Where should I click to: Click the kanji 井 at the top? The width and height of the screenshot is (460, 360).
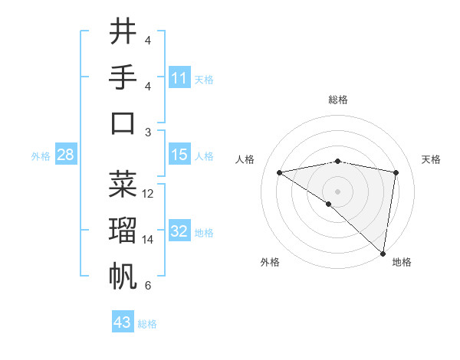pyautogui.click(x=123, y=33)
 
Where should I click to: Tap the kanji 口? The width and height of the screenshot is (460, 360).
pyautogui.click(x=123, y=123)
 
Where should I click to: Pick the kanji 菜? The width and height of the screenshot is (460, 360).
pyautogui.click(x=123, y=184)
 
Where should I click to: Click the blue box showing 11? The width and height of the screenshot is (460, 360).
pyautogui.click(x=179, y=78)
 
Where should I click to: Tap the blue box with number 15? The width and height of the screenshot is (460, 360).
pyautogui.click(x=179, y=155)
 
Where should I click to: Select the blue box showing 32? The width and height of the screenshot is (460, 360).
pyautogui.click(x=179, y=231)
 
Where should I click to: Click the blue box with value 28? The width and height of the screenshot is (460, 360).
pyautogui.click(x=65, y=155)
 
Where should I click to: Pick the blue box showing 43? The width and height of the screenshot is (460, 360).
pyautogui.click(x=123, y=322)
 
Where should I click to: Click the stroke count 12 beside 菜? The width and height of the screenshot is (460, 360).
pyautogui.click(x=148, y=194)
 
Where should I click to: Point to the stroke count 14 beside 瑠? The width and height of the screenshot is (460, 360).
pyautogui.click(x=148, y=240)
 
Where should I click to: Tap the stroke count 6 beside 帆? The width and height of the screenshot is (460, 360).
pyautogui.click(x=148, y=286)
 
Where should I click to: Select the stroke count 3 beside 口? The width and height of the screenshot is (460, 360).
pyautogui.click(x=148, y=133)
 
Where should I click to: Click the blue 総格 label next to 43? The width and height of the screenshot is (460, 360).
pyautogui.click(x=147, y=324)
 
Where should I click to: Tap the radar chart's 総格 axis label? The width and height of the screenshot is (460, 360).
pyautogui.click(x=337, y=100)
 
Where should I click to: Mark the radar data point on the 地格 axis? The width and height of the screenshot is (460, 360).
pyautogui.click(x=383, y=253)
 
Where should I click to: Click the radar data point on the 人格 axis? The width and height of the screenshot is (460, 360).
pyautogui.click(x=280, y=172)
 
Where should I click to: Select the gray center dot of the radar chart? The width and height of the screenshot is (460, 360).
pyautogui.click(x=337, y=191)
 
